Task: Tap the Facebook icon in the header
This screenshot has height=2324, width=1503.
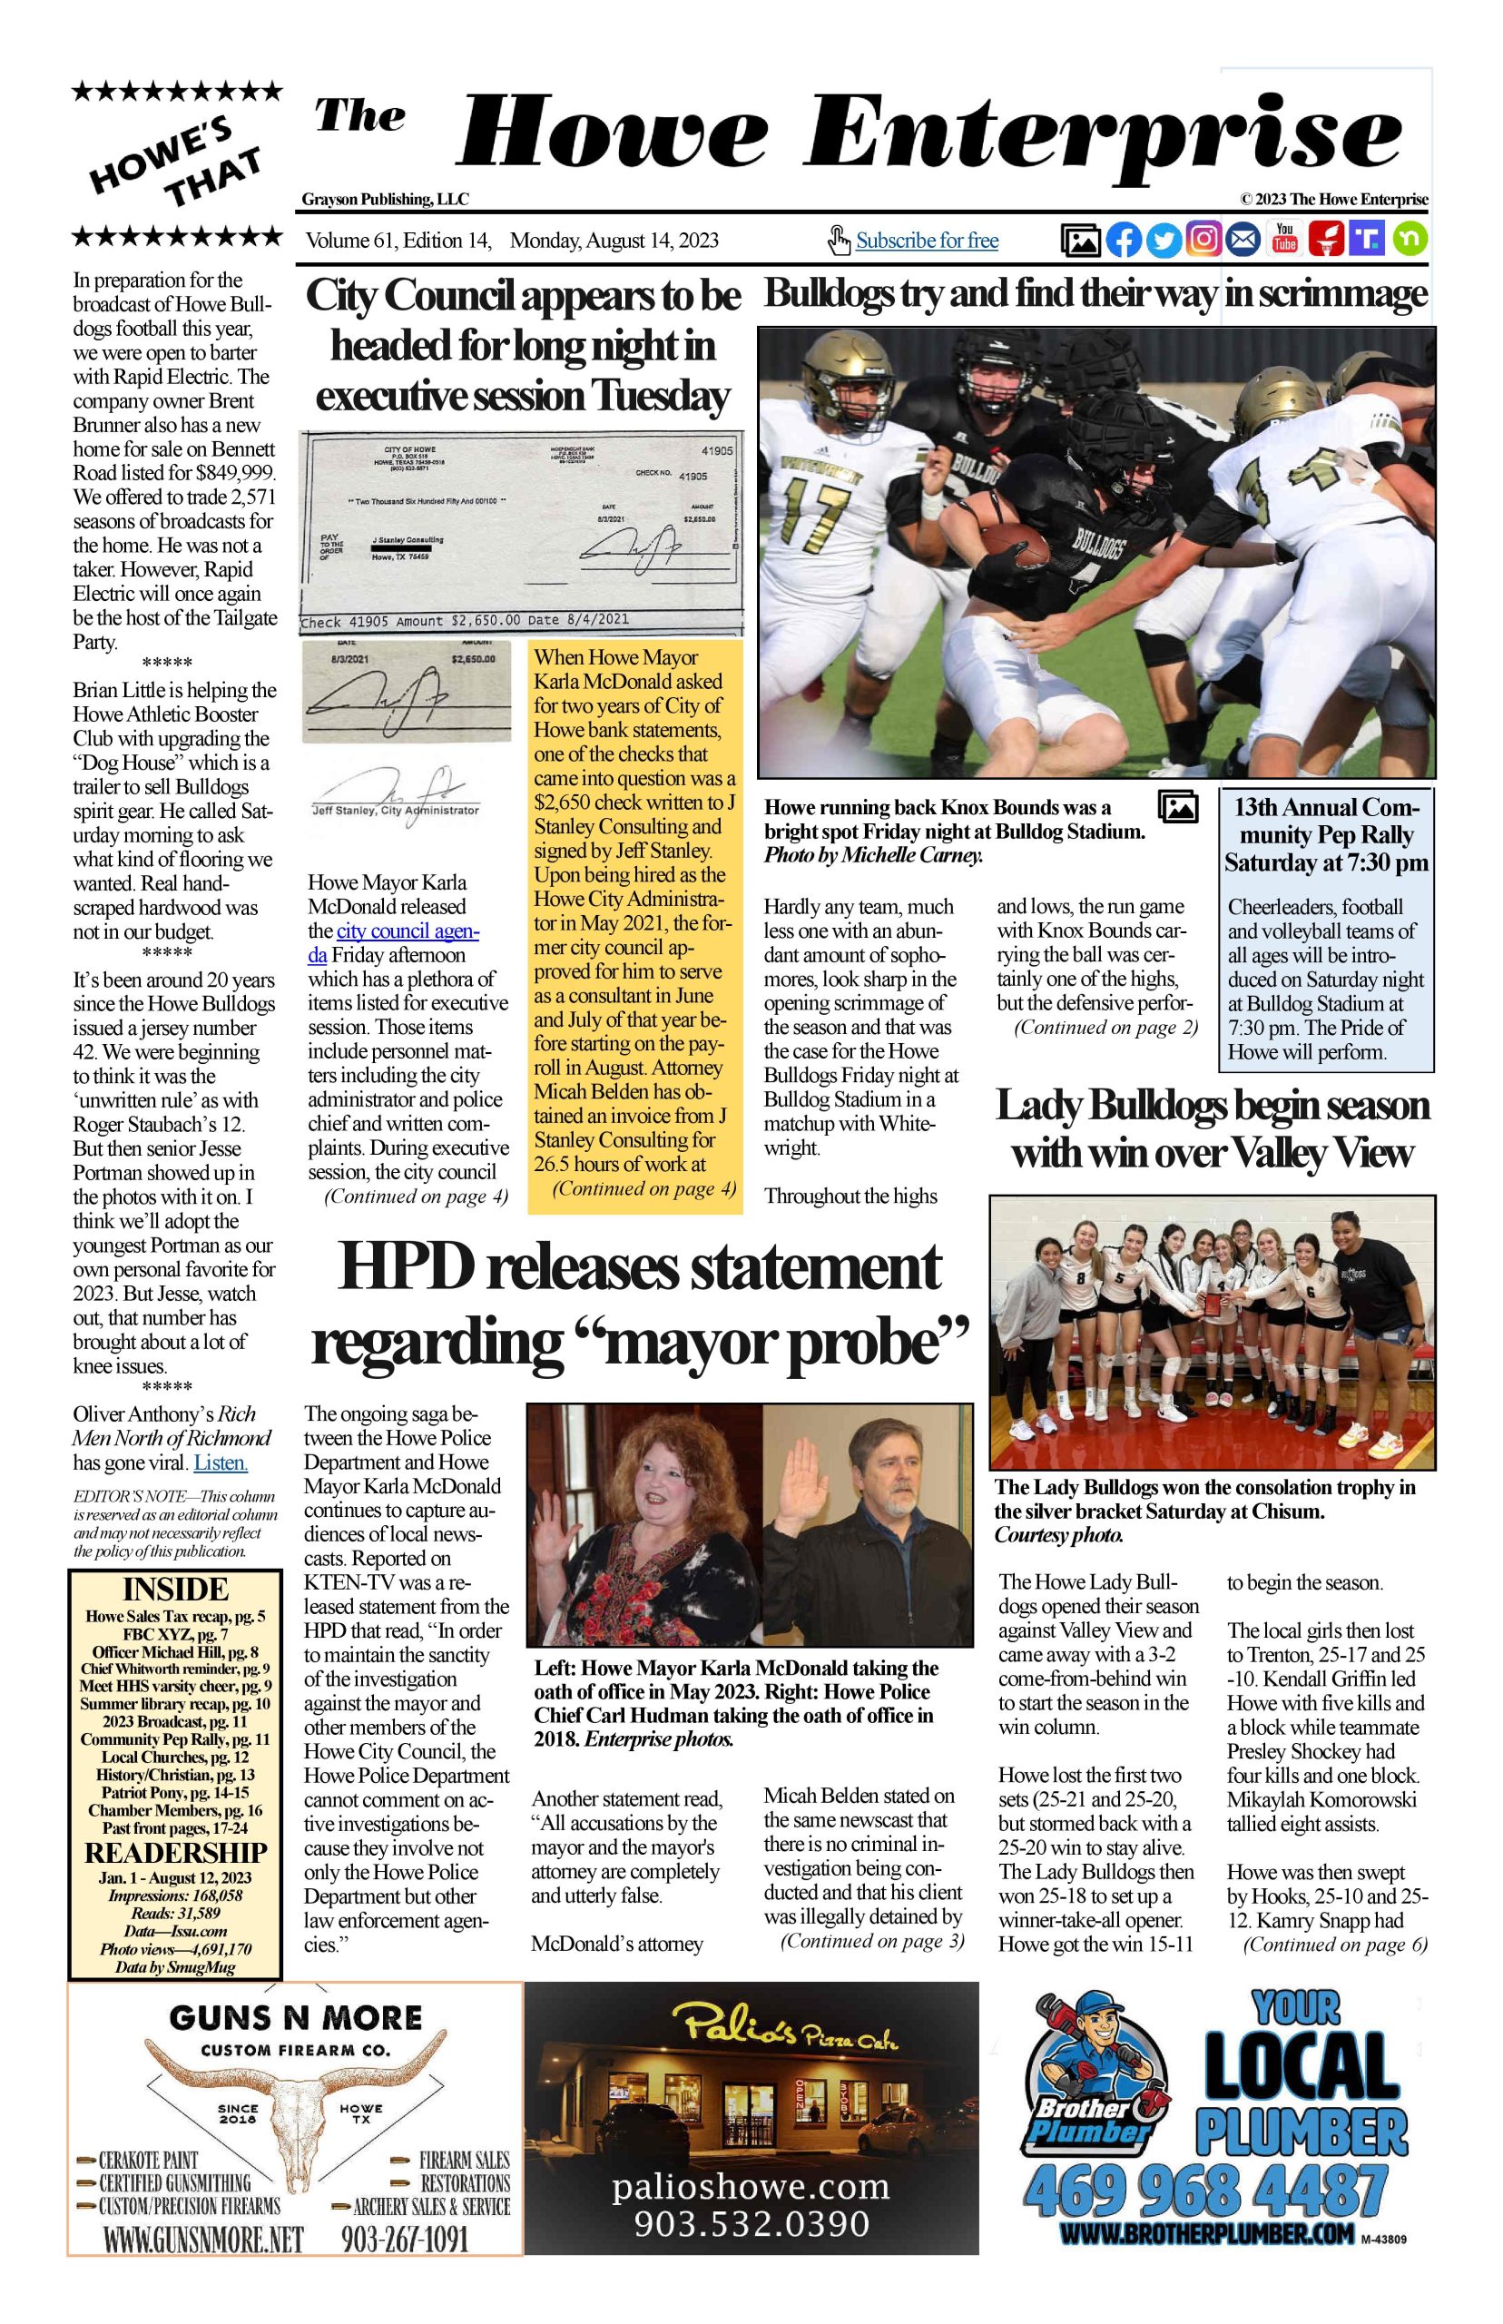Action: point(1124,239)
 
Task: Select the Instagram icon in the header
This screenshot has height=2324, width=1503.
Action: point(1204,239)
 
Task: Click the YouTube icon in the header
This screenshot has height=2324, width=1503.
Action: point(1285,239)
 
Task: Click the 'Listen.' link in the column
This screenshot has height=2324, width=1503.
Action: point(221,1462)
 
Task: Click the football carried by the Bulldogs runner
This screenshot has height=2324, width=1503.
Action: point(1014,544)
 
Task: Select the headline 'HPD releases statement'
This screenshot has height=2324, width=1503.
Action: point(639,1267)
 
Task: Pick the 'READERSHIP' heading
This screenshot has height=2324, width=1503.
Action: point(176,1853)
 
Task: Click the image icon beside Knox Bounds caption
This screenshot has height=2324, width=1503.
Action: point(1177,806)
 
